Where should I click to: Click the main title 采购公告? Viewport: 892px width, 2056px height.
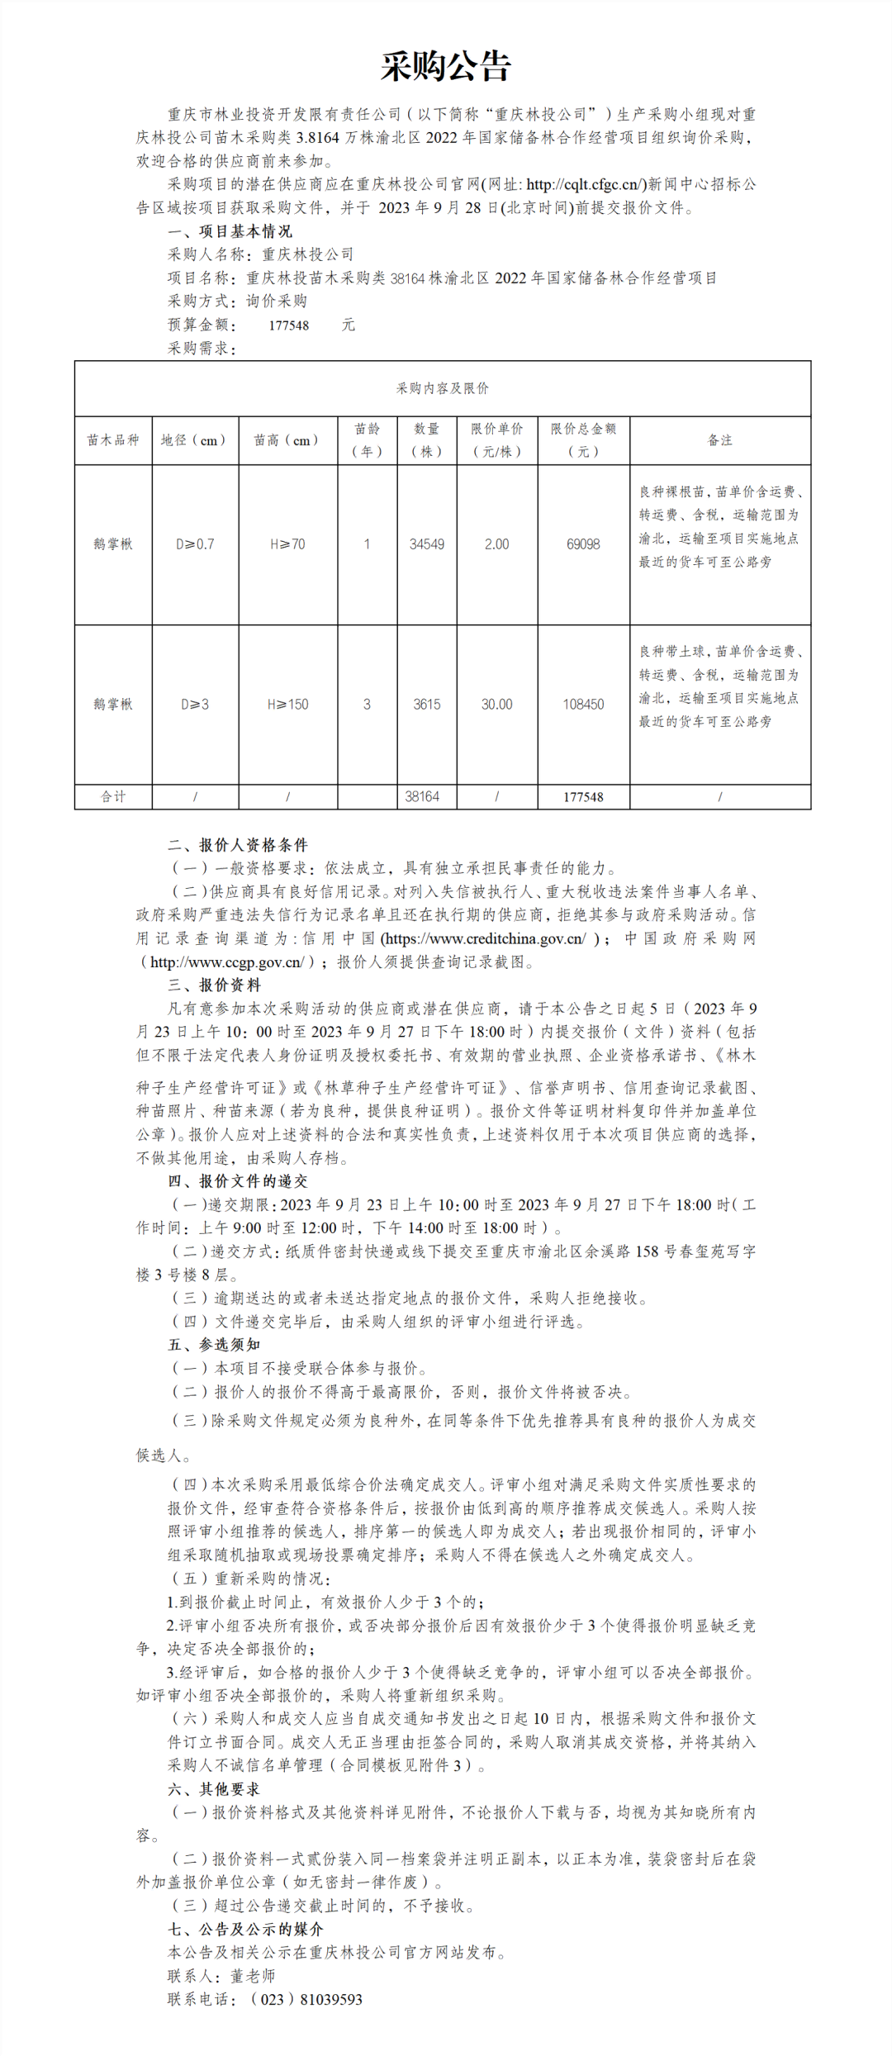pyautogui.click(x=446, y=66)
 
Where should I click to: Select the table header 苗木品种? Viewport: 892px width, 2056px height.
pyautogui.click(x=113, y=440)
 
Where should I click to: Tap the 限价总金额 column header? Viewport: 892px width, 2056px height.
pyautogui.click(x=583, y=439)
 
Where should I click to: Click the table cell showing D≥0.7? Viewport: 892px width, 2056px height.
pyautogui.click(x=195, y=544)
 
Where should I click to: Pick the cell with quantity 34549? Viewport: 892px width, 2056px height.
pyautogui.click(x=426, y=544)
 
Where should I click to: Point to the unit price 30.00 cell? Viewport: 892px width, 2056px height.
pyautogui.click(x=496, y=705)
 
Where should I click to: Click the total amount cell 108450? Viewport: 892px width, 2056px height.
pyautogui.click(x=583, y=705)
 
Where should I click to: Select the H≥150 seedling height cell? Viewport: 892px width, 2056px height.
pyautogui.click(x=287, y=705)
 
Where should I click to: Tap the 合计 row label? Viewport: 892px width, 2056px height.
pyautogui.click(x=113, y=797)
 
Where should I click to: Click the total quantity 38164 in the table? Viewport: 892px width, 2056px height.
pyautogui.click(x=422, y=797)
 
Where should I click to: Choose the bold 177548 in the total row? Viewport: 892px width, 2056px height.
pyautogui.click(x=583, y=797)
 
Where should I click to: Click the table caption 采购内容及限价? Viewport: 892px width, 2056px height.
pyautogui.click(x=443, y=388)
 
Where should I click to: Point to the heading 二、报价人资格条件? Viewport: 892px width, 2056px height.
pyautogui.click(x=238, y=845)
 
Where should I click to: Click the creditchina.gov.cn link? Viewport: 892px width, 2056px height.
pyautogui.click(x=486, y=938)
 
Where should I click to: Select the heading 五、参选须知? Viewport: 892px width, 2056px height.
pyautogui.click(x=215, y=1345)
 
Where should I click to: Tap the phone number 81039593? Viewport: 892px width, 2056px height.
pyautogui.click(x=331, y=1999)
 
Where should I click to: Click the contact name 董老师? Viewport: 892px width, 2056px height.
pyautogui.click(x=253, y=1976)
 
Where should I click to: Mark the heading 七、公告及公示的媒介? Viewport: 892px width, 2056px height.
pyautogui.click(x=246, y=1929)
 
